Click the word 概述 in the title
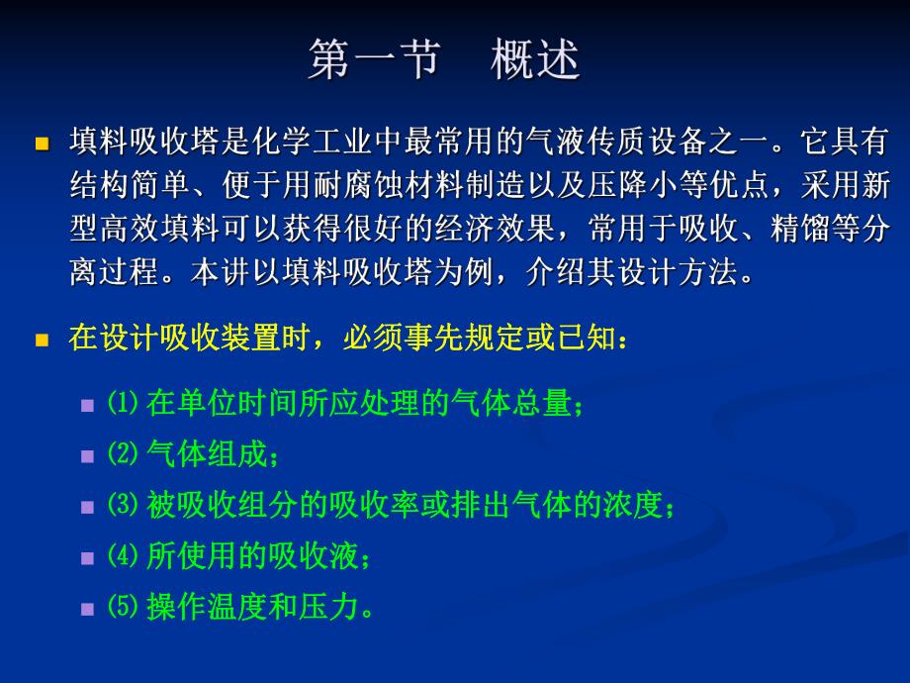pos(535,60)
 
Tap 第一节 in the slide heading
pos(373,60)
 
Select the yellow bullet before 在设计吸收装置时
pos(42,340)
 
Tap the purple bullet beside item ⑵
pos(88,456)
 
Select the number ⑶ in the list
pos(119,506)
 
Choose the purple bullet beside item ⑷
pos(88,558)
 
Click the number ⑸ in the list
pos(119,607)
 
